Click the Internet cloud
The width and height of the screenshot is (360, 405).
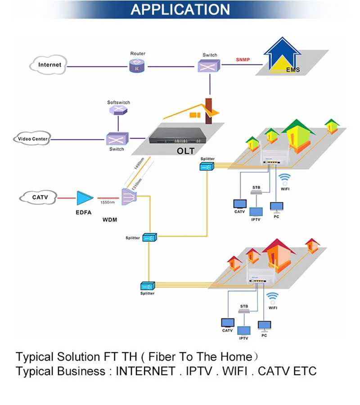click(48, 65)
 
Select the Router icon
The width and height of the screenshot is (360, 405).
click(137, 66)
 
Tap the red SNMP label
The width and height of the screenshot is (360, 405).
click(243, 59)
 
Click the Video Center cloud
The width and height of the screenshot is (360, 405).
click(32, 138)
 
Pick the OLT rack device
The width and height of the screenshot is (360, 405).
click(178, 136)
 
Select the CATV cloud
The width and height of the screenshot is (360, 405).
click(38, 197)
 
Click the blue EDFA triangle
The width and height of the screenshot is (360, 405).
click(85, 198)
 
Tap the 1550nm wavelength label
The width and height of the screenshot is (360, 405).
click(108, 202)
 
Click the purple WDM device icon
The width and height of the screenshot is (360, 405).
click(129, 196)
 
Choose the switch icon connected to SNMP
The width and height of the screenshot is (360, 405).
click(209, 66)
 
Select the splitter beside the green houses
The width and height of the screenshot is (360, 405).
click(207, 166)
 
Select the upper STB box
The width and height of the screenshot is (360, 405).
click(256, 192)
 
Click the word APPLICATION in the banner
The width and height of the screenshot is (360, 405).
click(180, 9)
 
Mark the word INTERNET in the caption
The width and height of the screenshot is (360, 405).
click(145, 371)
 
